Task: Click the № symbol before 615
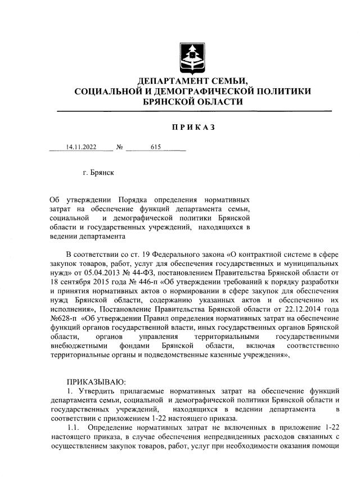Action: point(119,148)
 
